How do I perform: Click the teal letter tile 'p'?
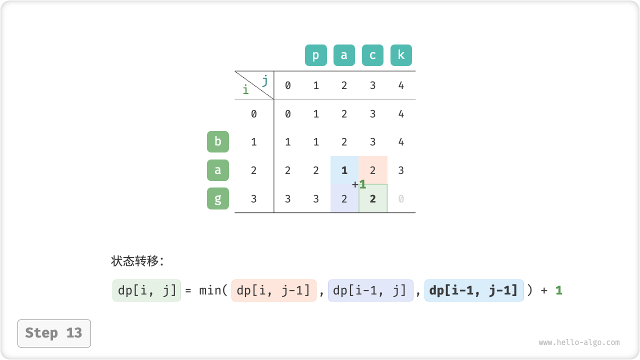coord(315,55)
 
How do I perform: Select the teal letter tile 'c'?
coord(372,55)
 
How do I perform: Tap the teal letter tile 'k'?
coord(401,55)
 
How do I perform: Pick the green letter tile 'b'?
coord(217,141)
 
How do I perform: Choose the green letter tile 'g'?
coord(217,198)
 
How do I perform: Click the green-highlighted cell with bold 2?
coord(373,198)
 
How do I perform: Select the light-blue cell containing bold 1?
coord(344,170)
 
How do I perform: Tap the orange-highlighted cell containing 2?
coord(373,170)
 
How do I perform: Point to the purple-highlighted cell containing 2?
coord(344,198)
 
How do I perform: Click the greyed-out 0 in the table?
coord(401,198)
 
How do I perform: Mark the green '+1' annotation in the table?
coord(359,184)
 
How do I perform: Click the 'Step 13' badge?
coord(54,333)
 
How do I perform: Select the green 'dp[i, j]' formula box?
coord(146,290)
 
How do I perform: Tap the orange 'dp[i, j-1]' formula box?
coord(273,290)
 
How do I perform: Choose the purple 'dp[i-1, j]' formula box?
coord(370,290)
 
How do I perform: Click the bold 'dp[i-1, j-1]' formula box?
coord(474,290)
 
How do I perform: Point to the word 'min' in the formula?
coord(210,290)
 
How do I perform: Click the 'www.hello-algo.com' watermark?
coord(579,342)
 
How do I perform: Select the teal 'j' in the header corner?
coord(264,80)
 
